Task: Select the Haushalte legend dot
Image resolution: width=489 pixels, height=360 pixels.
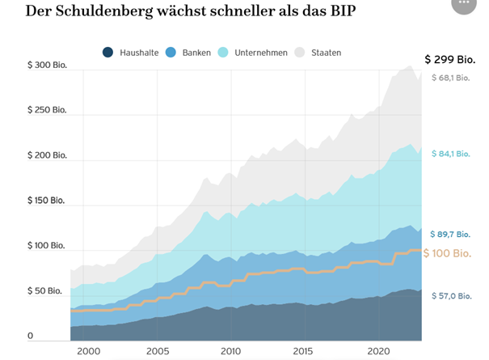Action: [x=108, y=53]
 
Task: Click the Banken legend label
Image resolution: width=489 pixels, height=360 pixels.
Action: [x=197, y=53]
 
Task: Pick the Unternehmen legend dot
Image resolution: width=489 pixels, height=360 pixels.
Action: [x=224, y=53]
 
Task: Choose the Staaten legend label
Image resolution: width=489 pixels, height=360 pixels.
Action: [x=326, y=53]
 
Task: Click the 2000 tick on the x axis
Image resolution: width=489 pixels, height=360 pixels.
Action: [x=88, y=352]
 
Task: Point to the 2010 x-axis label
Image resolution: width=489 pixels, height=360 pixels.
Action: [x=231, y=352]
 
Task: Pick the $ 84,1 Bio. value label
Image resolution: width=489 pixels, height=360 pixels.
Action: [x=452, y=154]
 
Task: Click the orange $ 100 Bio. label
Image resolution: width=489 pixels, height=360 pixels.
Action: [x=449, y=253]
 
